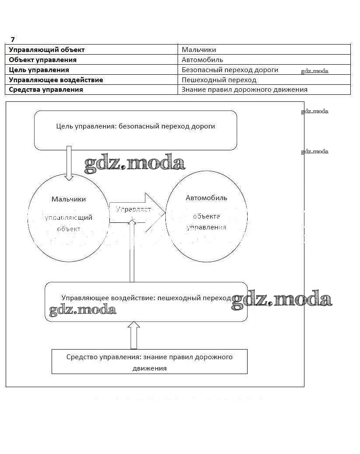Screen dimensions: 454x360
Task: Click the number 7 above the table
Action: pos(13,39)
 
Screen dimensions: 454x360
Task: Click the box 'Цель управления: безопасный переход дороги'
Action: pos(136,130)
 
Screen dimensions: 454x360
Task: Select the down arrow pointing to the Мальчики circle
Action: pos(69,164)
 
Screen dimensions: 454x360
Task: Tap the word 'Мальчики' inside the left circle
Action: pos(69,199)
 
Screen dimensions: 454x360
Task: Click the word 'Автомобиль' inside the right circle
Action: pos(206,198)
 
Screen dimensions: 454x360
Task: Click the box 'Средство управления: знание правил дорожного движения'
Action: pos(149,361)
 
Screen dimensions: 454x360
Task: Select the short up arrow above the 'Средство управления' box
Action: pos(134,336)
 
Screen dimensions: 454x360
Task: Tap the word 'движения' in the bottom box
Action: pos(150,368)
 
